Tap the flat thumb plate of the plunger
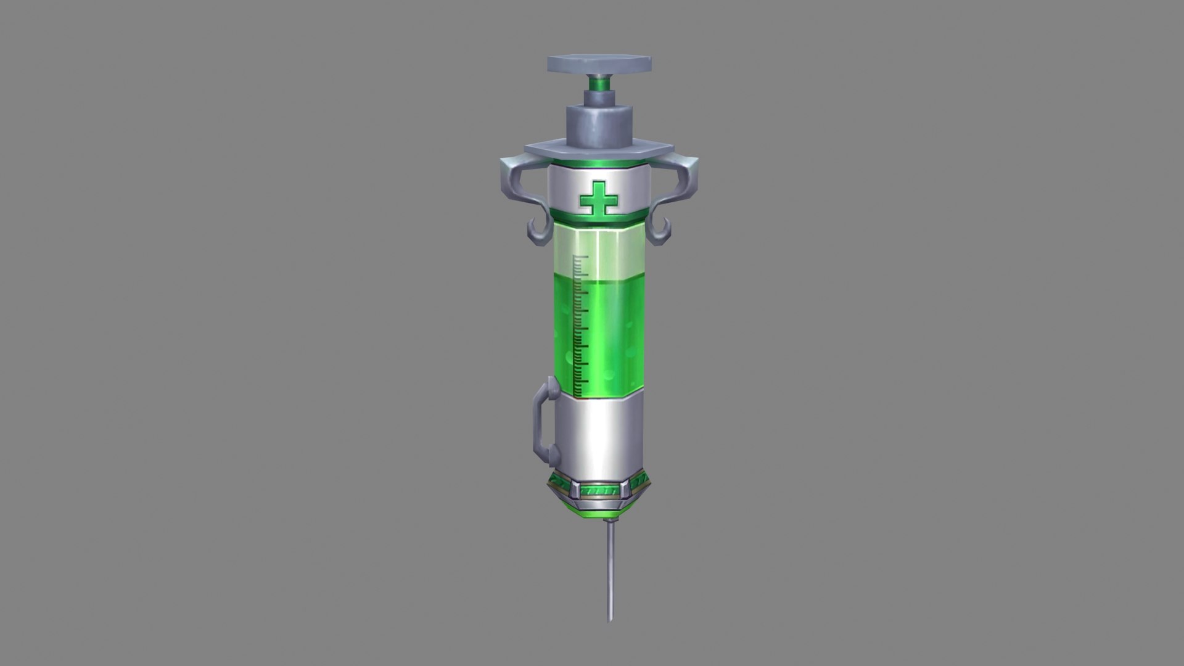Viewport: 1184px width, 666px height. [599, 64]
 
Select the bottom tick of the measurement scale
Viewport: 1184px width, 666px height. [580, 394]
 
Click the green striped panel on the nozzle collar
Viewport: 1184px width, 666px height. [597, 491]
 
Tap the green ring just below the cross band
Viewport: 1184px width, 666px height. [597, 218]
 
